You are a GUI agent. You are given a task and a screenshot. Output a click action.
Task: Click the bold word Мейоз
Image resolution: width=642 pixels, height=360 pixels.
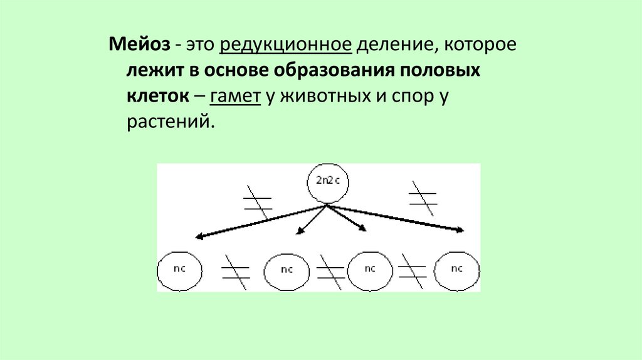[139, 45]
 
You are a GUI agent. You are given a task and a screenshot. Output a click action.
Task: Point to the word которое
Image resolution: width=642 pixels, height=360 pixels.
[476, 45]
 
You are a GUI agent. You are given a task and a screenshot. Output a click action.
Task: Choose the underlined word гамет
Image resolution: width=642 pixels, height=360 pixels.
[236, 97]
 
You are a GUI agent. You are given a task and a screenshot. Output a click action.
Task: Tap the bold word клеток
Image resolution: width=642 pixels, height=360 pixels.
[157, 97]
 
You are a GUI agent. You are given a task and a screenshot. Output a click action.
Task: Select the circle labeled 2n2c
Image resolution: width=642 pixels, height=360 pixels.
[327, 181]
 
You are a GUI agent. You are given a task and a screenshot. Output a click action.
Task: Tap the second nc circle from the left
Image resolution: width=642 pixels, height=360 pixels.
[287, 270]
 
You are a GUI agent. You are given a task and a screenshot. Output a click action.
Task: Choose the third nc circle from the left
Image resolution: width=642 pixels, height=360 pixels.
[369, 270]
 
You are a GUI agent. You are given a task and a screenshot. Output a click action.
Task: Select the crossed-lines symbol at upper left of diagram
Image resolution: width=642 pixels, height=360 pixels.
[258, 201]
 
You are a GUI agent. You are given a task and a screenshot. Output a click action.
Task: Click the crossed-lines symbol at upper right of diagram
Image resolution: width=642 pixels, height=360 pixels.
[423, 198]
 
